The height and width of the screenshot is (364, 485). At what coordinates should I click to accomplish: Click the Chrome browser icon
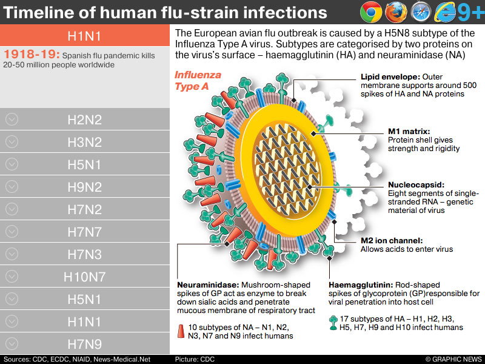(x=370, y=12)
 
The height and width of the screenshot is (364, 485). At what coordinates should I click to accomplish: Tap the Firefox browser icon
(x=396, y=12)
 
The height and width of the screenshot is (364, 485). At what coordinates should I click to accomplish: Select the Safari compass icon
(x=421, y=12)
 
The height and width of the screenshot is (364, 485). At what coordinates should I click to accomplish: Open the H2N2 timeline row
(x=84, y=120)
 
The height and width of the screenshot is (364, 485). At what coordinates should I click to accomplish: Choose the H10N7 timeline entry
(x=84, y=277)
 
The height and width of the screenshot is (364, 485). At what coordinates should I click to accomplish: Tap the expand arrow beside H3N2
(x=12, y=142)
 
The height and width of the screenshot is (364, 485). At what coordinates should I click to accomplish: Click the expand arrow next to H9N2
(x=12, y=187)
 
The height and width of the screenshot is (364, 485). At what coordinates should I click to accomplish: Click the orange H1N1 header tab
(x=84, y=36)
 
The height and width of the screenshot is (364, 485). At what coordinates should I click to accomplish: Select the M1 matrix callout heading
(x=409, y=131)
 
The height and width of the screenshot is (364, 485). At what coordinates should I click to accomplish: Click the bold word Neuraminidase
(x=208, y=285)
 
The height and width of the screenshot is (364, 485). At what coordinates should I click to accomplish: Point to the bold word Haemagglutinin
(x=360, y=285)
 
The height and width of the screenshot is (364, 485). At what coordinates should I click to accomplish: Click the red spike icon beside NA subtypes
(x=181, y=331)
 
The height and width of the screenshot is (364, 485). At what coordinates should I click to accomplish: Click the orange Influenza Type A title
(x=198, y=81)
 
